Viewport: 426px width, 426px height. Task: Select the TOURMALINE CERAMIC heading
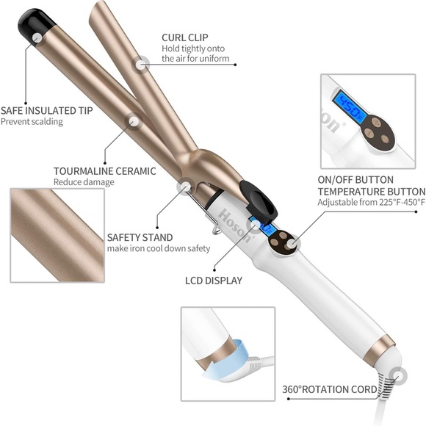click(104, 171)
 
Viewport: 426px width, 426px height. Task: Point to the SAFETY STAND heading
click(140, 237)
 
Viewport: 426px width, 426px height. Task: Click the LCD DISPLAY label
click(213, 280)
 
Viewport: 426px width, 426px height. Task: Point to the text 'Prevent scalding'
click(32, 122)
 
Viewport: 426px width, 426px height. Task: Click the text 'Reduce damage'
click(83, 182)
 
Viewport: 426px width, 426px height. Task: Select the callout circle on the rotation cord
click(400, 374)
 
